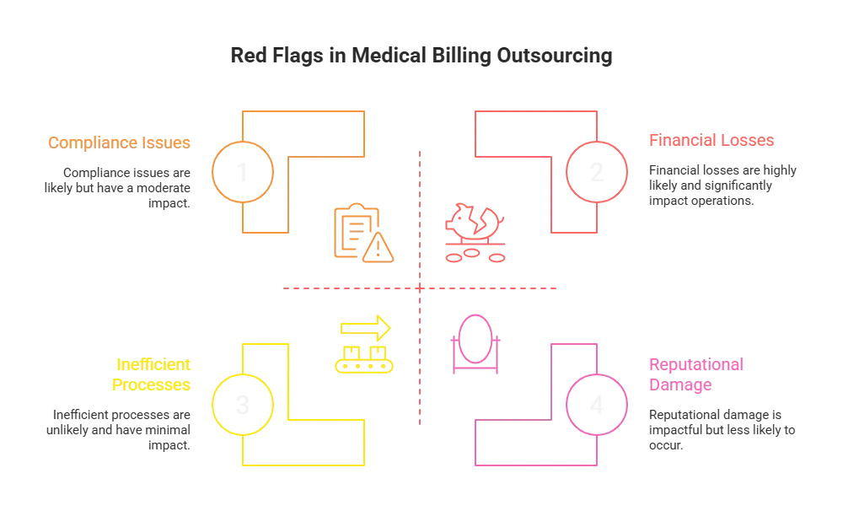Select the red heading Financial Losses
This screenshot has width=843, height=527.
[711, 141]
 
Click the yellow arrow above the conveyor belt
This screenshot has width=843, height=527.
[365, 325]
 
